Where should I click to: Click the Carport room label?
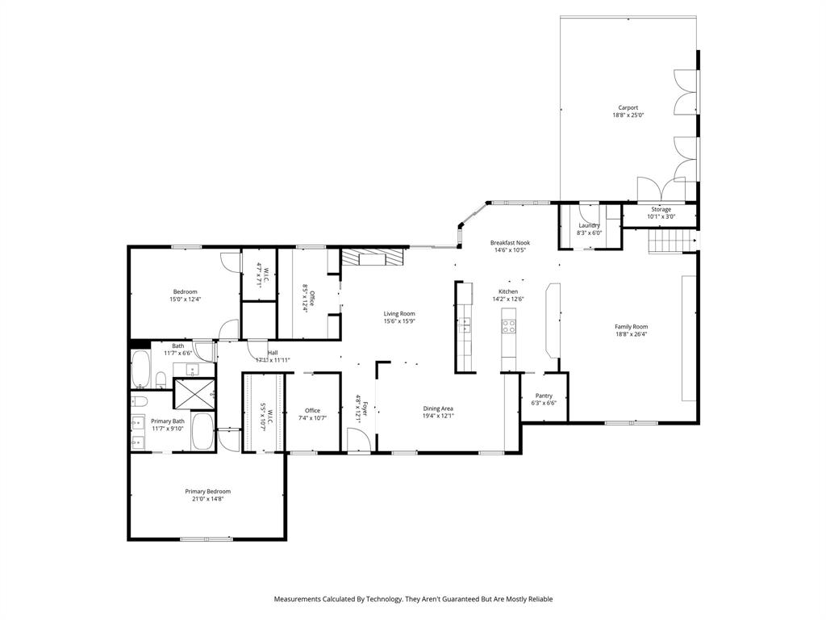coord(628,107)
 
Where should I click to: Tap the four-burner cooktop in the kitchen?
coord(510,326)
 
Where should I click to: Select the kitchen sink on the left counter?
coord(465,325)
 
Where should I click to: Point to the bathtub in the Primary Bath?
coord(202,432)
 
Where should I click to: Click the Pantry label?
coord(544,396)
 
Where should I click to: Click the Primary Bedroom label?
coord(207,492)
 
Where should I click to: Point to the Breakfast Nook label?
coord(510,242)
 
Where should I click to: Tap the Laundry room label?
coord(589,225)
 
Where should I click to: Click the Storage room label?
coord(661,209)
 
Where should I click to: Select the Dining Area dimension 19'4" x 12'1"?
coord(438,416)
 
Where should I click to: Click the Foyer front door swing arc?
coord(357,439)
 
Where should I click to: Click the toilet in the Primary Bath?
coord(141,401)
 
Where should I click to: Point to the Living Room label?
coord(398,313)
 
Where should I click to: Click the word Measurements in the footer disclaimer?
coord(300,599)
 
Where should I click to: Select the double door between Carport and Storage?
coord(661,190)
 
